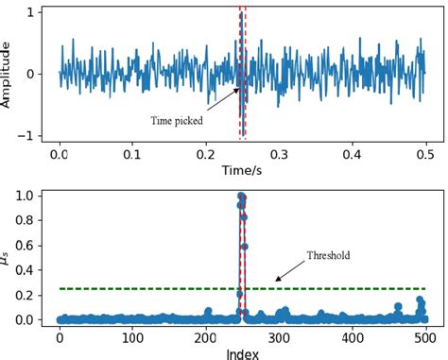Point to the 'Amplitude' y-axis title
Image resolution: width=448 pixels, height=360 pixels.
(x=9, y=73)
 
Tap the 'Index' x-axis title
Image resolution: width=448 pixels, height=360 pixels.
(x=242, y=351)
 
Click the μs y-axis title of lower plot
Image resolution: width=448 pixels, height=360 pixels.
(x=9, y=256)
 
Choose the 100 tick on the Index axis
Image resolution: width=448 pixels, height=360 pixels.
(x=132, y=335)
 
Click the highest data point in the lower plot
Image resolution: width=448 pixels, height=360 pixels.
(x=241, y=197)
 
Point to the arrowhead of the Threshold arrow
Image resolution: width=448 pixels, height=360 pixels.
(x=275, y=279)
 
